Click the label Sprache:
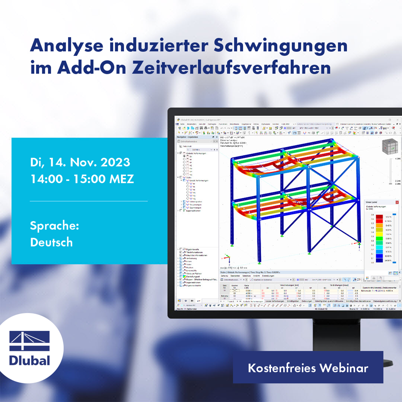coord(55,225)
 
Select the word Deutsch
coord(51,242)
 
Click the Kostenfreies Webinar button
coord(308,368)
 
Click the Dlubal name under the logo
coord(30,360)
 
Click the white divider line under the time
coord(89,201)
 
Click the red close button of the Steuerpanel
coord(397,202)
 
